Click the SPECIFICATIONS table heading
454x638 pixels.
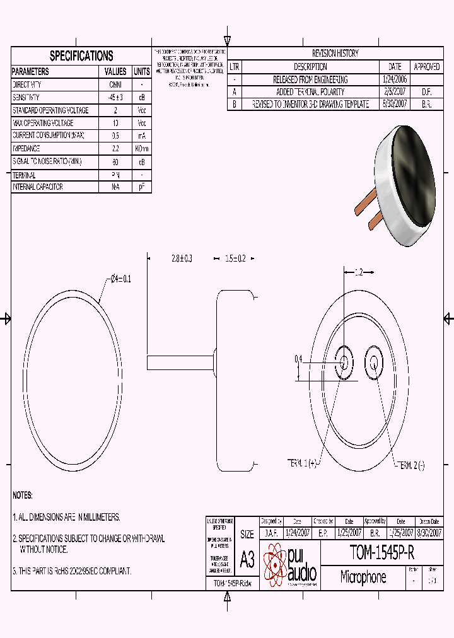click(81, 55)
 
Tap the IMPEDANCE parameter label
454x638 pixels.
click(26, 149)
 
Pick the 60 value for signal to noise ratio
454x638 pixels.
click(115, 161)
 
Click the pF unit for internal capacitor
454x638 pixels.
click(142, 187)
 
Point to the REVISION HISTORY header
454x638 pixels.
click(335, 54)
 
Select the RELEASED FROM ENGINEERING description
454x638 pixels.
click(310, 79)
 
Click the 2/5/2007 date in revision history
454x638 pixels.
click(395, 92)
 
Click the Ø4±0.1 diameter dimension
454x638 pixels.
click(120, 279)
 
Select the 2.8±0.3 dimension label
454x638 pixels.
click(181, 258)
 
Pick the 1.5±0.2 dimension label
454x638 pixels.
click(235, 258)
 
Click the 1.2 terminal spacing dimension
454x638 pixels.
click(358, 272)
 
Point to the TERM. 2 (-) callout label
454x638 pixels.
click(410, 465)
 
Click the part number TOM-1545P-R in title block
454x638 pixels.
click(383, 554)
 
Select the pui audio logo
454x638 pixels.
click(290, 564)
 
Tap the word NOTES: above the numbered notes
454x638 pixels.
click(23, 496)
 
